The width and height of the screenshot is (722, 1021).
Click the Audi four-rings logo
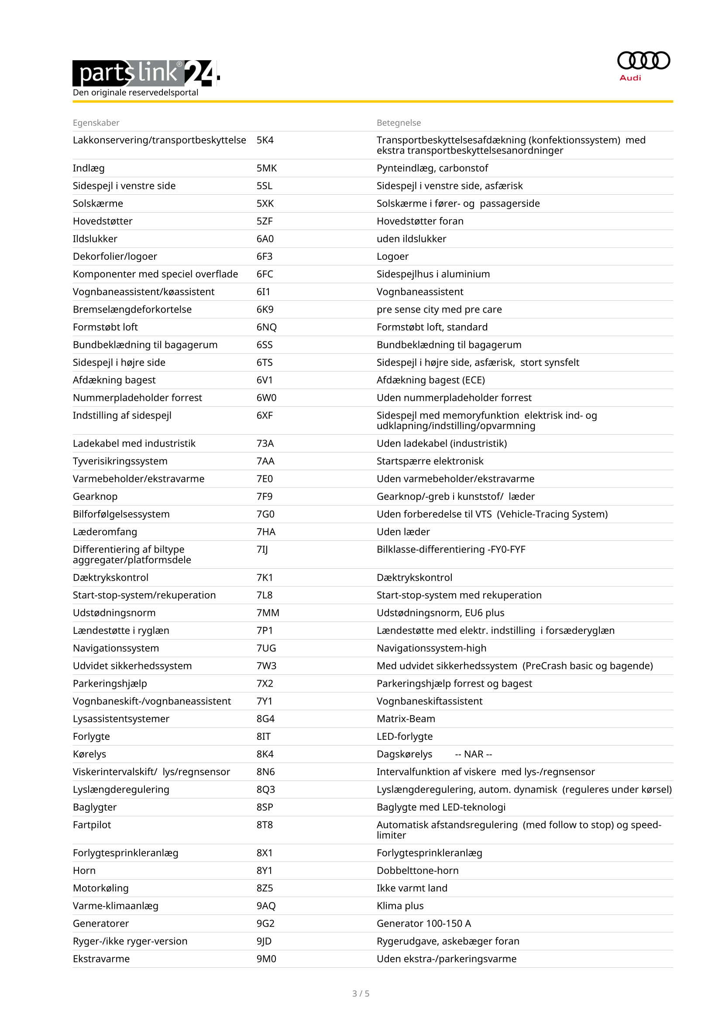(643, 61)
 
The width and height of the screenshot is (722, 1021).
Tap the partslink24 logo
(145, 73)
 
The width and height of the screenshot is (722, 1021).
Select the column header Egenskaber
(96, 123)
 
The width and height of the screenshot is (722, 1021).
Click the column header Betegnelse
(399, 123)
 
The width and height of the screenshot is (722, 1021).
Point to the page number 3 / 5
(361, 993)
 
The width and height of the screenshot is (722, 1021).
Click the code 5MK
(266, 168)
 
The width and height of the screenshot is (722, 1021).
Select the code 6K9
(265, 309)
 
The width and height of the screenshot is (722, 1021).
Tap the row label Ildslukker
(95, 239)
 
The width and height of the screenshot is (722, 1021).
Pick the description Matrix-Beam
(406, 718)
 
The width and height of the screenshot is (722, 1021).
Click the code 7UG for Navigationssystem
(266, 648)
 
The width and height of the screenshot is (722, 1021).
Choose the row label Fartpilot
(92, 825)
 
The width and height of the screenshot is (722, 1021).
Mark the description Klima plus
(400, 906)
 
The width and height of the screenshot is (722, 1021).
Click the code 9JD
(264, 941)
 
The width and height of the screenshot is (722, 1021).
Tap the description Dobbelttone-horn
(417, 870)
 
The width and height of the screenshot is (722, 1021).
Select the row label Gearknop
(95, 496)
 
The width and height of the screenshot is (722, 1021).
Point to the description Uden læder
(403, 532)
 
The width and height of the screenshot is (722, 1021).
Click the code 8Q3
(265, 789)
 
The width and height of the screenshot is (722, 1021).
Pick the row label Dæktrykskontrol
(110, 578)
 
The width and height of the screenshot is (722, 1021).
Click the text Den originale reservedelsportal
(135, 93)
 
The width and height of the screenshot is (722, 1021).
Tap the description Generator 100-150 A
(423, 924)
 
